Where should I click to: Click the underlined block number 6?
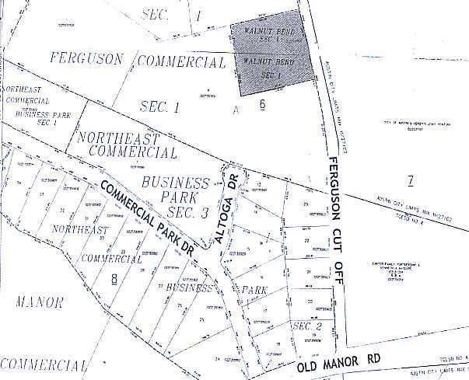pyautogui.click(x=263, y=103)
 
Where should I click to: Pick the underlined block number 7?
pyautogui.click(x=410, y=181)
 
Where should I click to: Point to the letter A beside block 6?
pyautogui.click(x=235, y=111)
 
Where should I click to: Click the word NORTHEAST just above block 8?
pyautogui.click(x=79, y=230)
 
